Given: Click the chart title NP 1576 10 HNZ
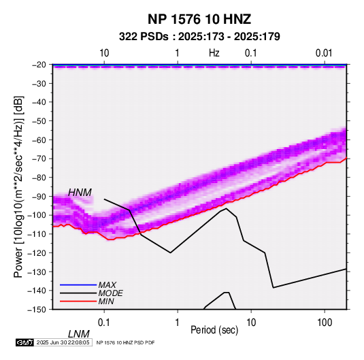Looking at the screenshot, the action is (199, 19).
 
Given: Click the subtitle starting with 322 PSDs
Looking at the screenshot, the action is (199, 37).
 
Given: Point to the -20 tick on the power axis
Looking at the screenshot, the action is (39, 65).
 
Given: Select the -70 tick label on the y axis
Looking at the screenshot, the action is (39, 159).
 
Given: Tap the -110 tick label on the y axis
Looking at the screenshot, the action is (37, 234).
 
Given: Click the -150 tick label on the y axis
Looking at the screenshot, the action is (37, 310).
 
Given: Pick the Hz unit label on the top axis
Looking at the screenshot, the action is (214, 53).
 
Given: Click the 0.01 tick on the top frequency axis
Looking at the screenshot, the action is (324, 53).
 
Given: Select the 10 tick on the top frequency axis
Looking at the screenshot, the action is (104, 53).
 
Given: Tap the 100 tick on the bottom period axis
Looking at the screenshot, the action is (325, 323).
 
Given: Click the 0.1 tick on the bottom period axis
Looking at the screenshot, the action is (104, 323).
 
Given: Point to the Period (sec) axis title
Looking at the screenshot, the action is (214, 330).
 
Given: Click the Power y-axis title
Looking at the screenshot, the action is (18, 187).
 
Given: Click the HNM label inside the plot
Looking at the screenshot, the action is (80, 193).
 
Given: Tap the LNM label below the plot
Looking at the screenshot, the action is (79, 334).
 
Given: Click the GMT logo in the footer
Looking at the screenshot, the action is (25, 342).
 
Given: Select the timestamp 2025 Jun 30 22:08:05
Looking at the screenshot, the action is (63, 342).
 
